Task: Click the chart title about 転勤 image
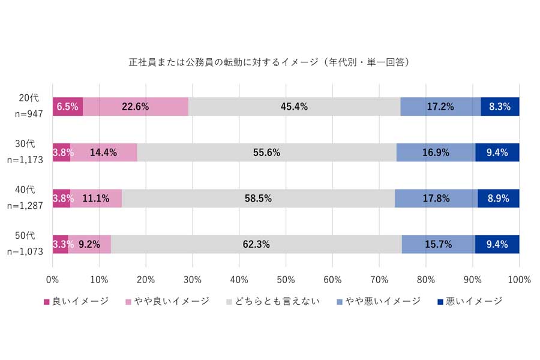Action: tap(269, 62)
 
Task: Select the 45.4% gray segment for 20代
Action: tap(294, 107)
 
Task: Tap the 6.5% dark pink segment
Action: tap(67, 107)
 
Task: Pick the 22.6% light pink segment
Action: tap(136, 107)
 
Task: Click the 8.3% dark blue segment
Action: tap(500, 107)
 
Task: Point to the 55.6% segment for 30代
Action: tap(266, 152)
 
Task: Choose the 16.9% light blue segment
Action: tap(436, 152)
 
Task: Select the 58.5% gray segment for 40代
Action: tap(258, 198)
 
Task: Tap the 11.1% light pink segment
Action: tap(96, 198)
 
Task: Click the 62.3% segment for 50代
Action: tap(256, 244)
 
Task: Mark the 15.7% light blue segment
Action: tap(438, 244)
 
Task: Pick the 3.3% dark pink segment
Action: tap(61, 244)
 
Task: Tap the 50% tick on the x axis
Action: tap(286, 280)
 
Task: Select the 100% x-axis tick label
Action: tap(518, 280)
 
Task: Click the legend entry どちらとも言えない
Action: tap(276, 301)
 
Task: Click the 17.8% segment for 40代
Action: tap(436, 198)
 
